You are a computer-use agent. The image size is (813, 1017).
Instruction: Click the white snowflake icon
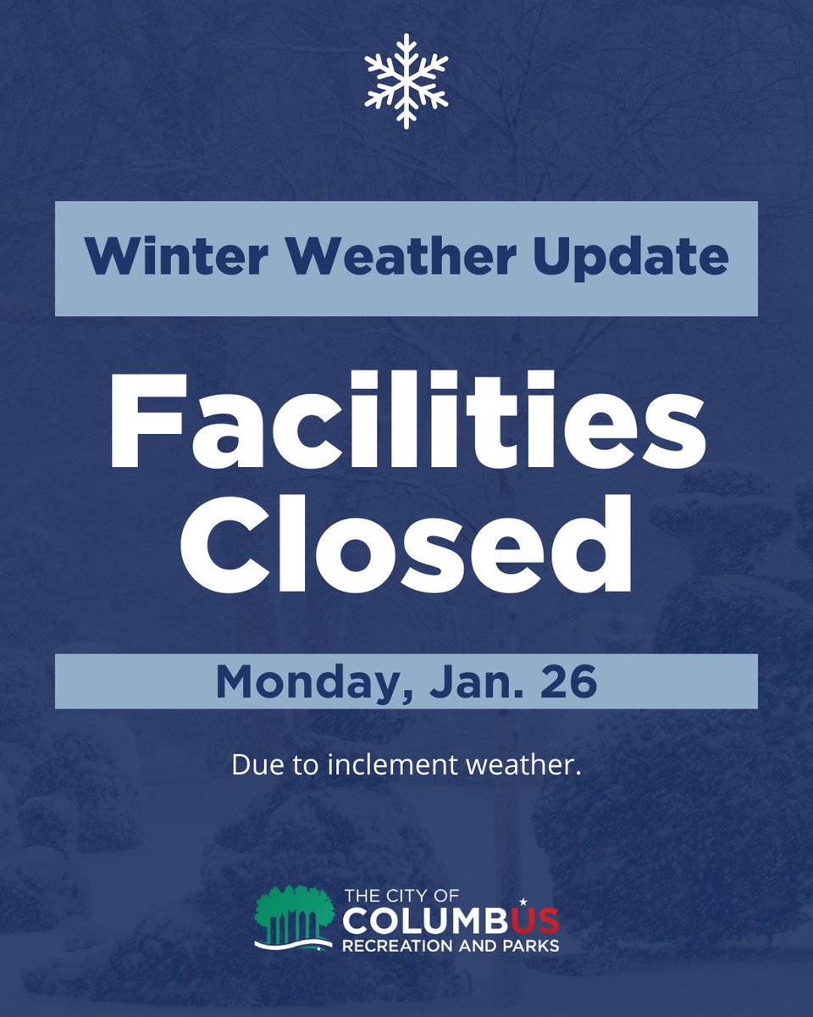406,81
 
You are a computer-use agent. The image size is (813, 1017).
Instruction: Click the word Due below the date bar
251,768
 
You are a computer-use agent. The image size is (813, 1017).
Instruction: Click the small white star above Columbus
523,901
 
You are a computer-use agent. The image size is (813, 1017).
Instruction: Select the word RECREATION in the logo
389,944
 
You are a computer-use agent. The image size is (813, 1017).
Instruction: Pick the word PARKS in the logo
532,944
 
